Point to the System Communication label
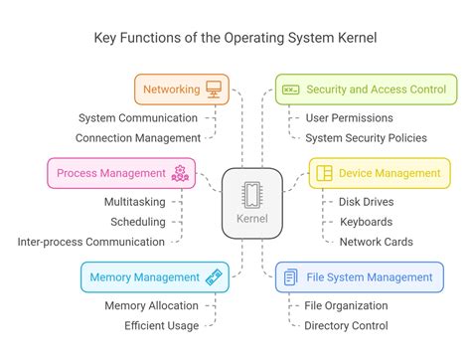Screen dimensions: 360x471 139,117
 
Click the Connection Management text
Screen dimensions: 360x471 139,138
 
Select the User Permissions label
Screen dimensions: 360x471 349,117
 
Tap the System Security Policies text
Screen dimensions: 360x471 367,138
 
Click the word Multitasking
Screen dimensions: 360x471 134,201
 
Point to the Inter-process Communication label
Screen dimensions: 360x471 90,242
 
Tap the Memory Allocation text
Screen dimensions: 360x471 151,305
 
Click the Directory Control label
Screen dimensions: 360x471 347,325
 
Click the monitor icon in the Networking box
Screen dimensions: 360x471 213,90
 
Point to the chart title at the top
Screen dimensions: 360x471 235,39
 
